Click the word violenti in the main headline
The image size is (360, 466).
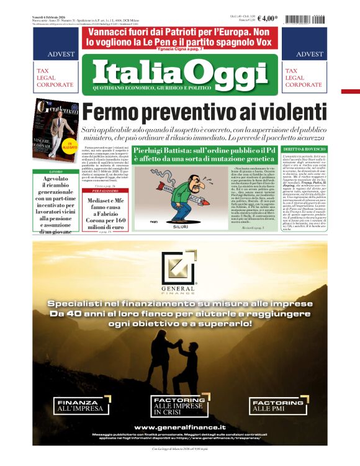pos(276,112)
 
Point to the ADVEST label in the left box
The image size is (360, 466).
pos(56,55)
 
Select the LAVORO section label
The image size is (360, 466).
pos(56,171)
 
